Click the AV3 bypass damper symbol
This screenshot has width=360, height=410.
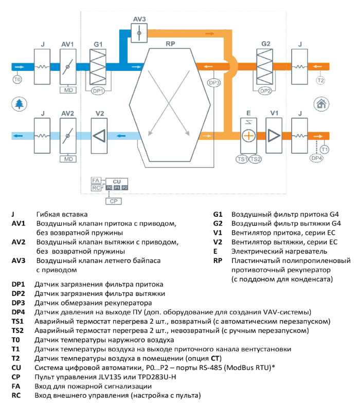pyautogui.click(x=139, y=33)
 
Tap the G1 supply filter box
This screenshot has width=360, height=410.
pyautogui.click(x=98, y=67)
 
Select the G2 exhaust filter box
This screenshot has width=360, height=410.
pyautogui.click(x=265, y=67)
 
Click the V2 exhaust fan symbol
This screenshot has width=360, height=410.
pyautogui.click(x=99, y=136)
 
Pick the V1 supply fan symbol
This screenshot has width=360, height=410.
pyautogui.click(x=274, y=136)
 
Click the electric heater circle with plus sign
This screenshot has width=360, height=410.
pyautogui.click(x=248, y=136)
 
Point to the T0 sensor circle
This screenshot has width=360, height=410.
pyautogui.click(x=17, y=80)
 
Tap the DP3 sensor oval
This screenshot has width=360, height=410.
pyautogui.click(x=214, y=83)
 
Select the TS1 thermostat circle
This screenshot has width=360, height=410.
pyautogui.click(x=242, y=159)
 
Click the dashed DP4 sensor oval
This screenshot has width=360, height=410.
pyautogui.click(x=316, y=158)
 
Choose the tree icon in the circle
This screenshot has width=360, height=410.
pyautogui.click(x=20, y=104)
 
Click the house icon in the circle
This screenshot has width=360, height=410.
pyautogui.click(x=321, y=104)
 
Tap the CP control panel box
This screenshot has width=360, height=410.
pyautogui.click(x=114, y=201)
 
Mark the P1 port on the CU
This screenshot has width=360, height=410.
pyautogui.click(x=117, y=188)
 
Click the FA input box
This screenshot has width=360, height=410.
pyautogui.click(x=96, y=180)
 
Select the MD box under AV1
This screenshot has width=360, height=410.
pyautogui.click(x=68, y=90)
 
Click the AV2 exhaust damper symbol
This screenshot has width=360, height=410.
pyautogui.click(x=68, y=136)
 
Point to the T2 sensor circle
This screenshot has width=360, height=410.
pyautogui.click(x=321, y=80)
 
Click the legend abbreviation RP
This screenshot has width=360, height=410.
pyautogui.click(x=218, y=260)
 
